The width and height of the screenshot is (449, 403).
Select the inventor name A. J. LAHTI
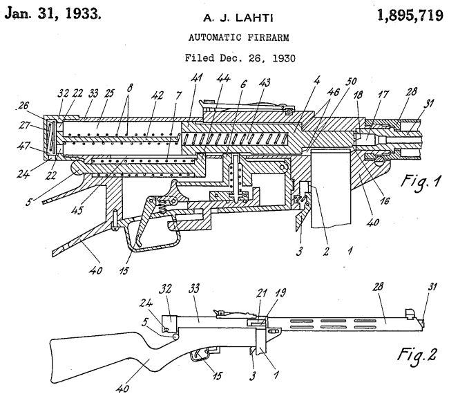[x=223, y=18]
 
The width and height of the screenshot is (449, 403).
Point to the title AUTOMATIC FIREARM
[x=224, y=38]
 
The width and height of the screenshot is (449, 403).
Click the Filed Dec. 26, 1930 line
[x=223, y=58]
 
